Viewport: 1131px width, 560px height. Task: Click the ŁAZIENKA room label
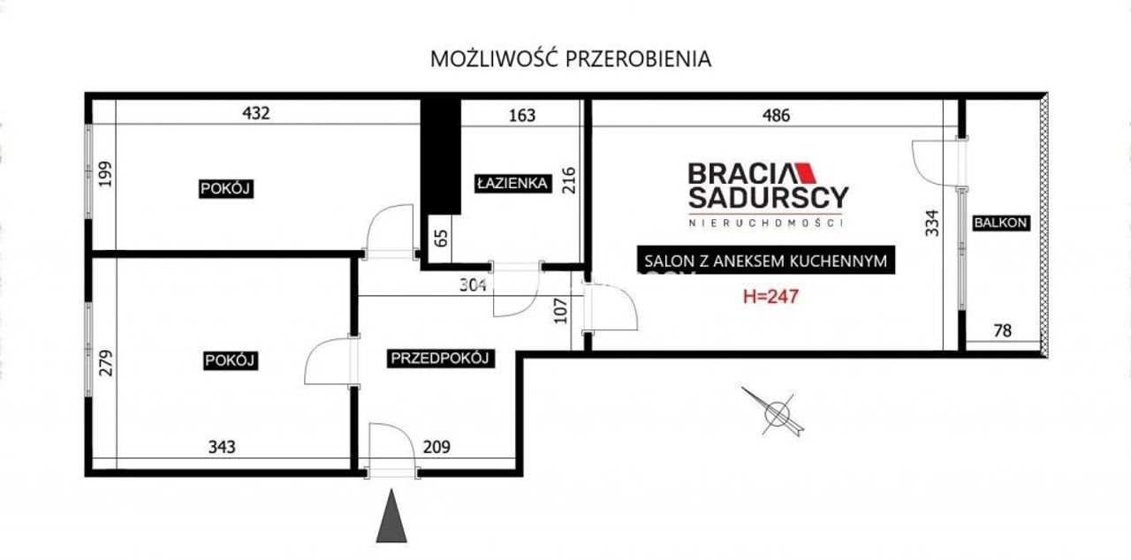pos(513,183)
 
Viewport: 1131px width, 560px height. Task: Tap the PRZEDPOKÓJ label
pos(440,359)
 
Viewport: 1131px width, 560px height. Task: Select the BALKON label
pos(1001,223)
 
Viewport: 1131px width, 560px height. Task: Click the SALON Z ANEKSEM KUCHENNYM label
pos(765,261)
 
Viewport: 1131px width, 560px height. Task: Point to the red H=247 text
pos(771,296)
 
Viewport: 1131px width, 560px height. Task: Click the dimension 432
pos(256,113)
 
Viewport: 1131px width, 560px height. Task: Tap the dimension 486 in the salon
pos(776,116)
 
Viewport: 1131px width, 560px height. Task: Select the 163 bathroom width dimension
pos(522,116)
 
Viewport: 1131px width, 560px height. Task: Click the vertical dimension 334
pos(932,223)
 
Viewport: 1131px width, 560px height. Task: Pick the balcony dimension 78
pos(1003,330)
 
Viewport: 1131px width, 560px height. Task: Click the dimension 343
pos(222,447)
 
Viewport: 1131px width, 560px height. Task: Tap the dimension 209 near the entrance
pos(436,447)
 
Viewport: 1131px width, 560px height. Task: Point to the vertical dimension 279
pos(106,363)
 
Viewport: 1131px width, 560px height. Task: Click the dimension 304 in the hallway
pos(473,285)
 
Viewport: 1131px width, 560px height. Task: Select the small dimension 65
pos(441,238)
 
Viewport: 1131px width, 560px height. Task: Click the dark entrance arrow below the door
pos(391,516)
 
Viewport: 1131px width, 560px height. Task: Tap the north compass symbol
pos(774,412)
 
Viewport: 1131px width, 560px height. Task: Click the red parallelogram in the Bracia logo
pos(805,173)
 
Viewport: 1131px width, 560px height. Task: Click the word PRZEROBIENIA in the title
pos(638,59)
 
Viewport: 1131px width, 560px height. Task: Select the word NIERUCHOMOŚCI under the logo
pos(766,223)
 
